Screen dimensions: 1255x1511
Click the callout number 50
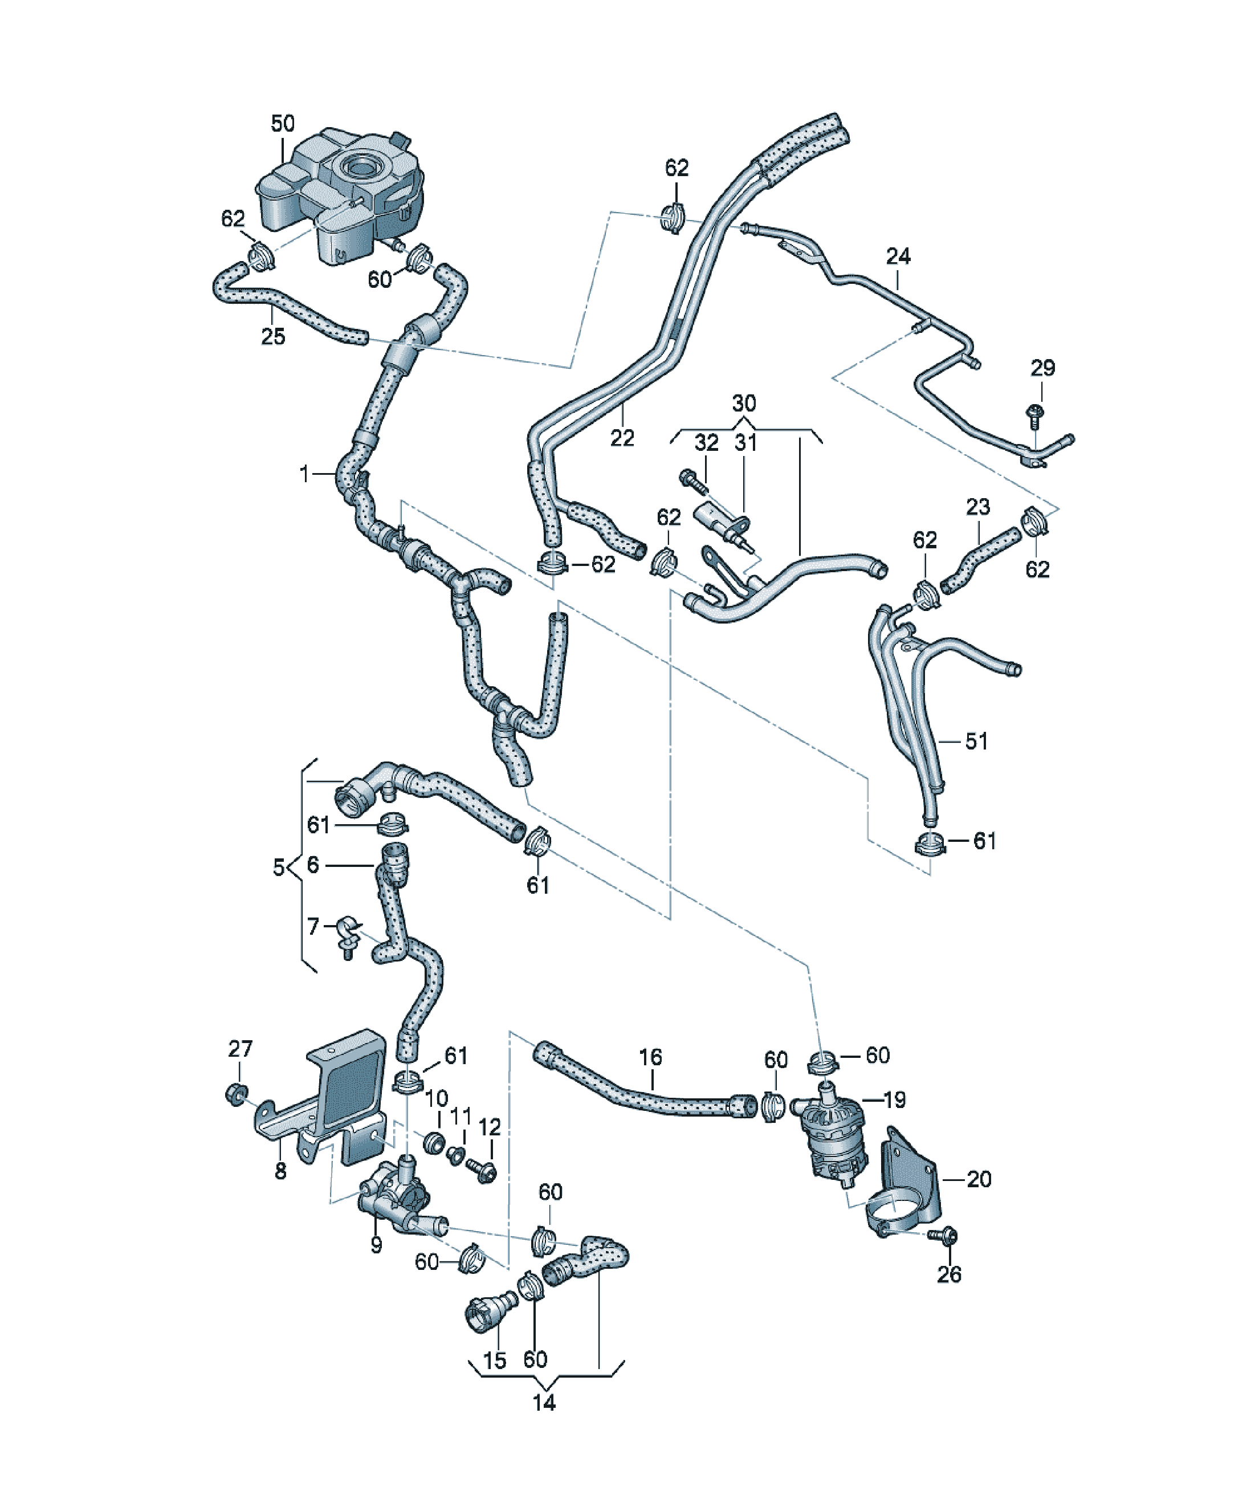(x=283, y=124)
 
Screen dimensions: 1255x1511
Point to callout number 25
(x=273, y=336)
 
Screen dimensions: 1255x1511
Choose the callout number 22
(x=622, y=438)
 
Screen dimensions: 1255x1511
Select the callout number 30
(x=744, y=403)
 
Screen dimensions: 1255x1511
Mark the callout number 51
(x=976, y=740)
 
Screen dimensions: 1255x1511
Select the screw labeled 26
(x=943, y=1236)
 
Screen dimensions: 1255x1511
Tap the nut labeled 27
(x=235, y=1095)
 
